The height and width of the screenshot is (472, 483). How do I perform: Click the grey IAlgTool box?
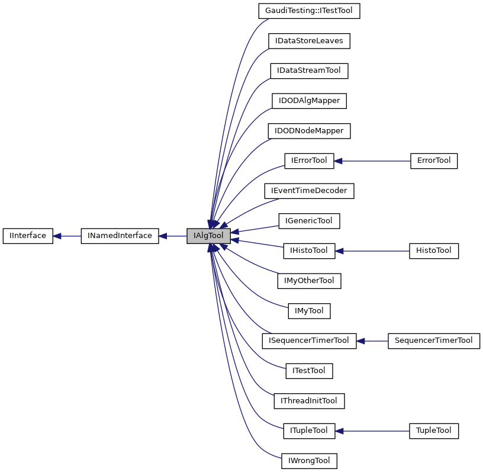[208, 236]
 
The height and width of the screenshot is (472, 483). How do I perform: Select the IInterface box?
[28, 236]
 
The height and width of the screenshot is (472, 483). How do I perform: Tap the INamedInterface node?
[120, 236]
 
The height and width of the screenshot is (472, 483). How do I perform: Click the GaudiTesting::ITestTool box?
[309, 11]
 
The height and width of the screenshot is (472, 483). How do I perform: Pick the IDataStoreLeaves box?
[309, 41]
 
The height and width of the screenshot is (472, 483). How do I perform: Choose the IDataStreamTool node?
[309, 70]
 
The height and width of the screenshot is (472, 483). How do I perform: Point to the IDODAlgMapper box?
[309, 101]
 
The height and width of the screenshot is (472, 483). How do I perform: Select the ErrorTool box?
[434, 160]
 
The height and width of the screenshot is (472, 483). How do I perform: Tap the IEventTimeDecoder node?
[309, 191]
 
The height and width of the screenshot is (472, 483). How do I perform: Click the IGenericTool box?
[309, 221]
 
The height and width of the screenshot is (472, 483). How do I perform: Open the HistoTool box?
[434, 251]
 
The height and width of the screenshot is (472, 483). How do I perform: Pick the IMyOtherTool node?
[309, 281]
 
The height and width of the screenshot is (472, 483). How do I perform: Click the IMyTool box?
[309, 310]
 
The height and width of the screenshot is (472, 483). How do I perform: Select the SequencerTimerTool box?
[434, 341]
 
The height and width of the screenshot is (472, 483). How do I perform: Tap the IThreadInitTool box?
[309, 401]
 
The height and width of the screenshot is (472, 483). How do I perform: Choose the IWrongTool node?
[309, 461]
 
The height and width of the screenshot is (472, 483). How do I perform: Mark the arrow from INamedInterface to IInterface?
[67, 236]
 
